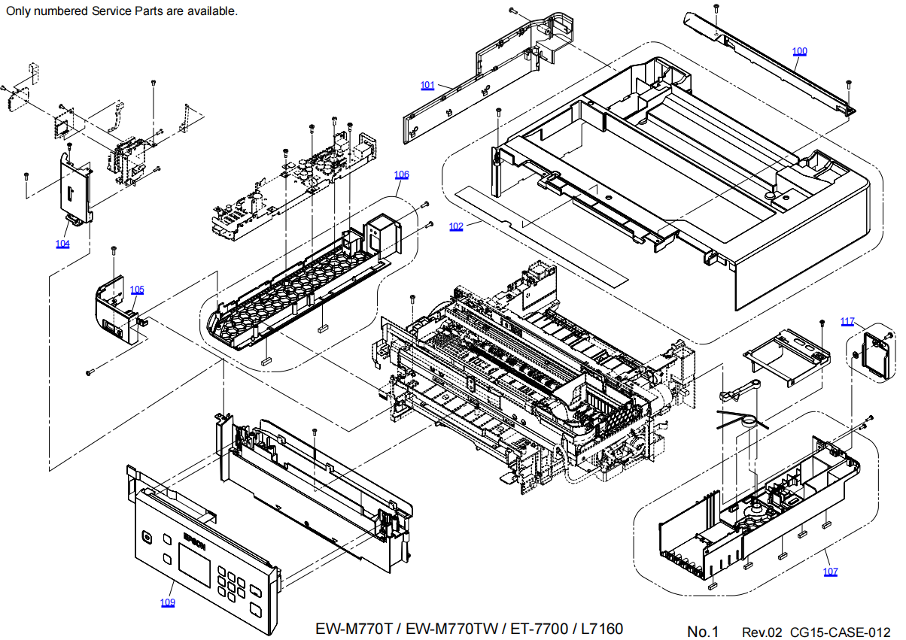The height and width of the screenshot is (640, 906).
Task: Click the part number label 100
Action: [x=799, y=51]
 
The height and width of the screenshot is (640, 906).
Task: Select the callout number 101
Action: [x=427, y=85]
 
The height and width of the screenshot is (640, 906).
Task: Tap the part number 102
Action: [x=456, y=226]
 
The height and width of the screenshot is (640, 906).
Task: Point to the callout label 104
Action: [x=62, y=244]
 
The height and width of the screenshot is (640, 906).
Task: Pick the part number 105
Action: [x=137, y=290]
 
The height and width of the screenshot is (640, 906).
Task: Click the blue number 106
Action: [x=402, y=174]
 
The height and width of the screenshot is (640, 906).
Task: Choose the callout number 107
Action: [x=830, y=572]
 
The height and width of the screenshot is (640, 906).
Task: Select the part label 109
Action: [x=167, y=602]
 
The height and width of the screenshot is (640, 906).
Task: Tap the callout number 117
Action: [x=847, y=322]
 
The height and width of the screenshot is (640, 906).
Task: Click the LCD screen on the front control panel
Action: [x=194, y=563]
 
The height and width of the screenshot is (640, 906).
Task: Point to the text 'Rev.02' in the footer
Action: [x=763, y=631]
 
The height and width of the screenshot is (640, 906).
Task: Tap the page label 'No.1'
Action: [x=703, y=631]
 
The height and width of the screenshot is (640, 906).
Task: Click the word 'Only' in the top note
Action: [x=19, y=11]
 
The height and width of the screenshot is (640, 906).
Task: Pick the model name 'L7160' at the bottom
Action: [x=603, y=629]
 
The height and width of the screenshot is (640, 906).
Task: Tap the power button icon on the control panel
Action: [x=146, y=537]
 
